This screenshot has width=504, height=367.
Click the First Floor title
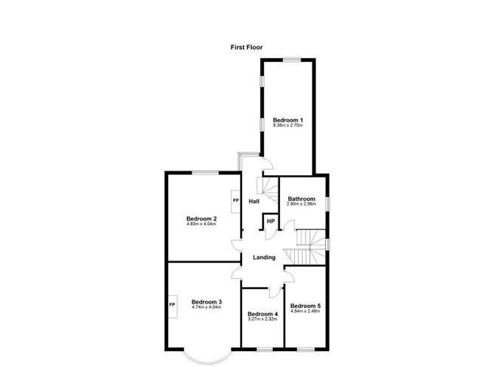tap(247, 48)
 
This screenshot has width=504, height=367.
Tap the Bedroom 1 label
tap(287, 120)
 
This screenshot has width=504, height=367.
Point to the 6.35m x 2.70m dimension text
tap(287, 125)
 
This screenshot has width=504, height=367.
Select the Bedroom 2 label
tap(201, 219)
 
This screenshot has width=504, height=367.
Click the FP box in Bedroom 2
tap(235, 202)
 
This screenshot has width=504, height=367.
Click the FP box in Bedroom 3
tap(173, 306)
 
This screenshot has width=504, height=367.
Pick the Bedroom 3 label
tap(207, 302)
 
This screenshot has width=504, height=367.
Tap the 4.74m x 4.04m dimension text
tap(207, 307)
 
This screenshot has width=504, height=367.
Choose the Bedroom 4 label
tap(263, 314)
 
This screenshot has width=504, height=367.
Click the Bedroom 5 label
tap(306, 306)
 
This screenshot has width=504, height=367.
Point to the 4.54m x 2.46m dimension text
tap(306, 311)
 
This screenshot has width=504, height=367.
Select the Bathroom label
tap(302, 199)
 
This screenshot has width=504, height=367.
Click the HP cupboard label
tap(271, 221)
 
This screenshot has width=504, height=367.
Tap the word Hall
tap(254, 202)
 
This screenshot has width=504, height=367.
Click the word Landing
tap(264, 258)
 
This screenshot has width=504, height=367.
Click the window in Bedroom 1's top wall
tap(292, 60)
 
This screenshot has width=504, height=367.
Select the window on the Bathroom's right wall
tap(327, 204)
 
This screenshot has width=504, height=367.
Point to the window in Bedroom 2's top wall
tap(206, 172)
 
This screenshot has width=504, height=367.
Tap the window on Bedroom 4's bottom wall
tap(265, 350)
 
